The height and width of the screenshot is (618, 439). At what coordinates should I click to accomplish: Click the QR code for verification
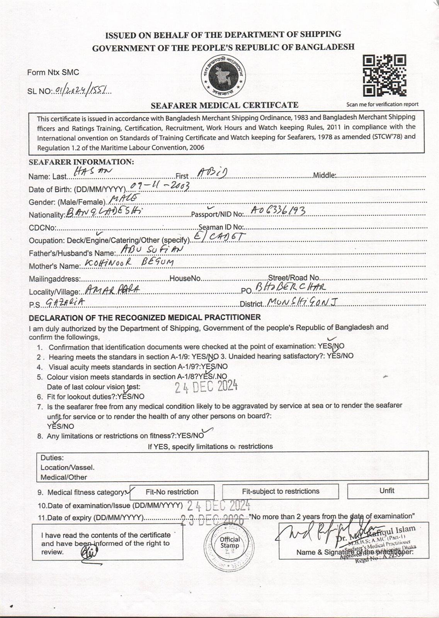pos(384,76)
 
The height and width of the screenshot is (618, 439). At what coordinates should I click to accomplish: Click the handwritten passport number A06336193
pos(278,211)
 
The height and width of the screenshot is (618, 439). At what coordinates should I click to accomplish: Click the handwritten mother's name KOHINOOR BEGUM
pos(128,263)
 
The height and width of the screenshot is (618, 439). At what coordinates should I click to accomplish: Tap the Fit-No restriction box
pos(172,492)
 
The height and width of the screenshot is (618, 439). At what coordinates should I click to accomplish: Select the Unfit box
pos(387,491)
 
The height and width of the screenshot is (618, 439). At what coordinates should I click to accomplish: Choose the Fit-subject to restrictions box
pos(281,491)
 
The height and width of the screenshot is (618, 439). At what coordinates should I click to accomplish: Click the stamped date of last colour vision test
pos(206,386)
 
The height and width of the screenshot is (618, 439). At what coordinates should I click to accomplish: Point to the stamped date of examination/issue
pos(219,505)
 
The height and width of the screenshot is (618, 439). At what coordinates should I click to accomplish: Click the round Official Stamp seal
pos(230,545)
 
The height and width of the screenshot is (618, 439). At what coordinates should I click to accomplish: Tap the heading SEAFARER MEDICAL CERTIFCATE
pos(224,105)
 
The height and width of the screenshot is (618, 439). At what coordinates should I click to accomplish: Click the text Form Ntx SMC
pos(53,72)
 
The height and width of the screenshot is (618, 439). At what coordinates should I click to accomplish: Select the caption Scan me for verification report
pos(382,104)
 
